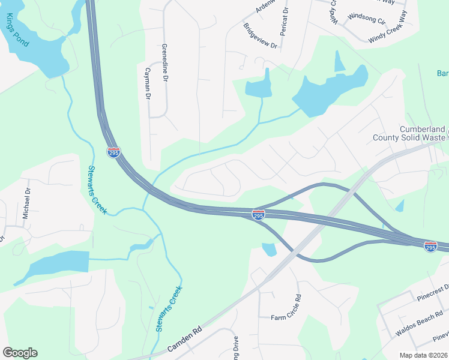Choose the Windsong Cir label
tap(367, 17)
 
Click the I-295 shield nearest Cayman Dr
tap(113, 152)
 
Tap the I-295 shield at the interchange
tap(258, 214)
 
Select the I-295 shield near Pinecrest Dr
tap(430, 246)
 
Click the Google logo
tap(20, 353)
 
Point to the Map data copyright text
tap(424, 355)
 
